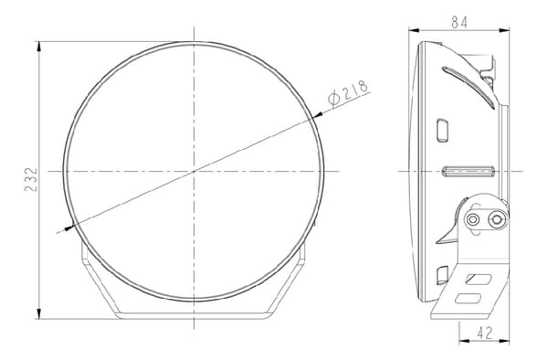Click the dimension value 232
tap(31, 179)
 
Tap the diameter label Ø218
tap(348, 92)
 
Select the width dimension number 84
tap(458, 22)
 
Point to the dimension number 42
tap(484, 333)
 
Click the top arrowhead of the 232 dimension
tap(38, 47)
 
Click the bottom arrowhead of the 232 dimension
tap(38, 313)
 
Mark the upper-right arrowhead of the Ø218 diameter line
tap(317, 115)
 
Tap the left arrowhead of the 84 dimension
tap(414, 31)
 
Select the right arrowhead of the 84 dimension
tap(504, 31)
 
